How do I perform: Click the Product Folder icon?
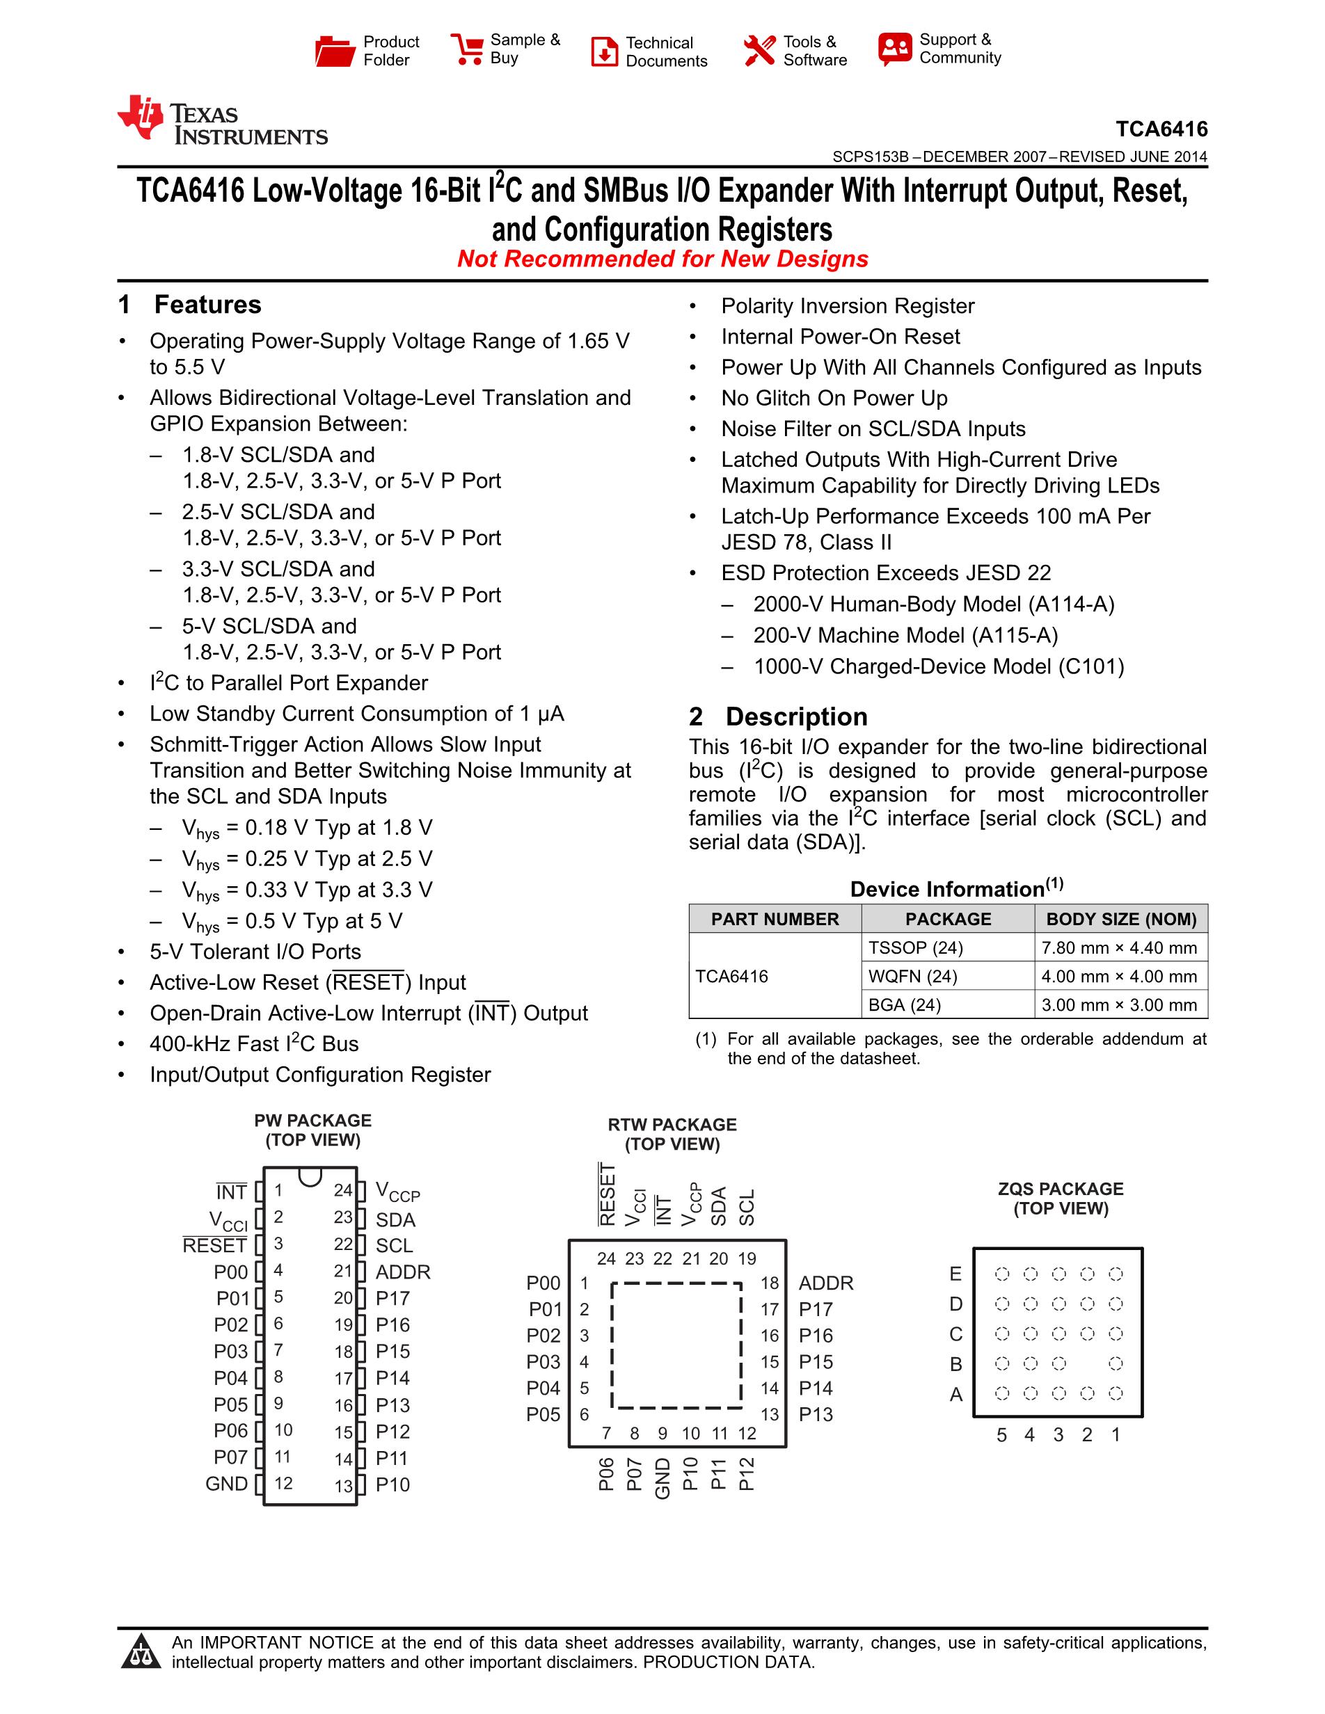pos(335,51)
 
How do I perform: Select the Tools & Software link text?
pos(815,51)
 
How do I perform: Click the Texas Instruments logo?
pos(222,122)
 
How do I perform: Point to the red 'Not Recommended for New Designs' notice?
pos(662,259)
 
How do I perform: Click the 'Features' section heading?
pos(207,305)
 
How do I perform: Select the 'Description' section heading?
pos(796,716)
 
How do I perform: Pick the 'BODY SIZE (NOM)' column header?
pos(1121,919)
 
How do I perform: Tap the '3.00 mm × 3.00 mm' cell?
pos(1118,1005)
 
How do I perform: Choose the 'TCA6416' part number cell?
pos(731,976)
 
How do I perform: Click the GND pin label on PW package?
pos(226,1484)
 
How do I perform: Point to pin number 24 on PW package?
pos(343,1190)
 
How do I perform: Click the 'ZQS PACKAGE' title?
pos(1061,1189)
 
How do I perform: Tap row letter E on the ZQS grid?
pos(955,1274)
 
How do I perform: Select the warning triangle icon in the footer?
pos(141,1651)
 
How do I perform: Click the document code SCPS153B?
pos(870,157)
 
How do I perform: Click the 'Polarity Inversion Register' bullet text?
pos(848,306)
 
